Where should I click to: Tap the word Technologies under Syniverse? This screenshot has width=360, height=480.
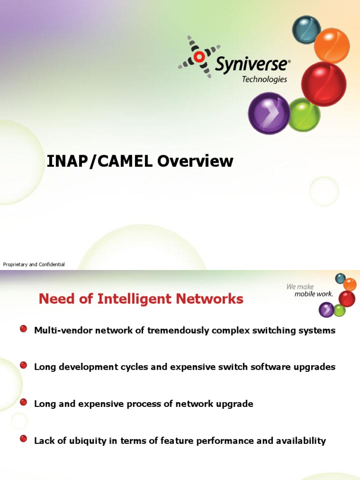pyautogui.click(x=264, y=79)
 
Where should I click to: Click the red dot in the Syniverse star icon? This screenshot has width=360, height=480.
pyautogui.click(x=199, y=57)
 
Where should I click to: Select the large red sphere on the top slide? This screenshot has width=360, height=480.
pyautogui.click(x=323, y=84)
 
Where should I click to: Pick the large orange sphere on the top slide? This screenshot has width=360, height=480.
pyautogui.click(x=332, y=45)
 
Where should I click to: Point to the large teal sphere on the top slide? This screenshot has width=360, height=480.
pyautogui.click(x=307, y=29)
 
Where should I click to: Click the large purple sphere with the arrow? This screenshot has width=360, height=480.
pyautogui.click(x=269, y=113)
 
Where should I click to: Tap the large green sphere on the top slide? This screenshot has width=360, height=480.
pyautogui.click(x=304, y=115)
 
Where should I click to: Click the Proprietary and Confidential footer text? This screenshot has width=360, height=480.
pyautogui.click(x=34, y=265)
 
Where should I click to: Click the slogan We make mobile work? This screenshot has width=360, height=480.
pyautogui.click(x=309, y=290)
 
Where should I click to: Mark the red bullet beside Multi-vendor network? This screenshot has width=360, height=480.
pyautogui.click(x=23, y=330)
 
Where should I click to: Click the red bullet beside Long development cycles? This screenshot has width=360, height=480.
pyautogui.click(x=23, y=366)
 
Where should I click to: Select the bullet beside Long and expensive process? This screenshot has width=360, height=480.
pyautogui.click(x=23, y=402)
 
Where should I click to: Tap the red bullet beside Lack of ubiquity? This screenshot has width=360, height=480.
pyautogui.click(x=23, y=439)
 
